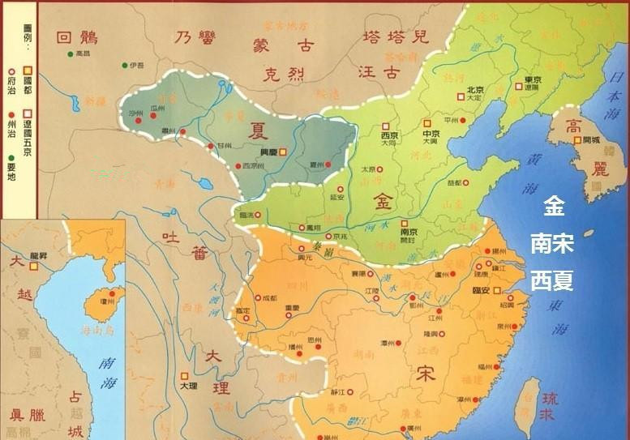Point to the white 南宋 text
552,244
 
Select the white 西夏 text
552,280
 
